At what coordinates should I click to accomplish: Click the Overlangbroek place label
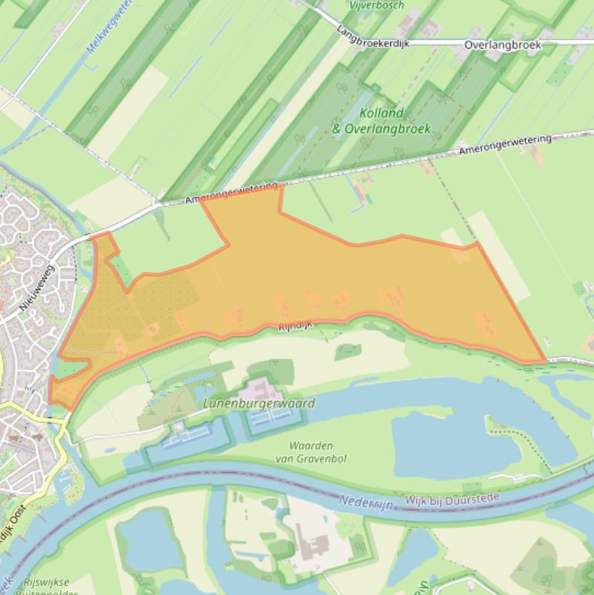click(x=503, y=45)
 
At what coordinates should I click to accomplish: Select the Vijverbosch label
click(x=377, y=5)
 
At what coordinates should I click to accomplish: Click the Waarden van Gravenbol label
click(x=311, y=452)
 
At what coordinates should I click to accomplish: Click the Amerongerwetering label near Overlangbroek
click(x=505, y=144)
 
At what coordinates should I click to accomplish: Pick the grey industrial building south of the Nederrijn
click(x=313, y=544)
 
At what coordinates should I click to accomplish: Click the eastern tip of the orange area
click(x=543, y=360)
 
